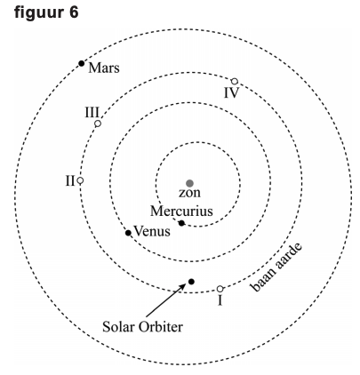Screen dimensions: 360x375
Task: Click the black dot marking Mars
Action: pyautogui.click(x=82, y=63)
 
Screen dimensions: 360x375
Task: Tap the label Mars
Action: pyautogui.click(x=104, y=68)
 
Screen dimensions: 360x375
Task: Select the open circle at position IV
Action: pyautogui.click(x=235, y=81)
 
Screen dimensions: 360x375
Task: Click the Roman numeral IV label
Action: pyautogui.click(x=231, y=93)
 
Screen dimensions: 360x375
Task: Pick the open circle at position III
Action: pyautogui.click(x=98, y=124)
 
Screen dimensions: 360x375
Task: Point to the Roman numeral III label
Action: pyautogui.click(x=92, y=113)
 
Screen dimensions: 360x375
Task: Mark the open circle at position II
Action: pyautogui.click(x=80, y=180)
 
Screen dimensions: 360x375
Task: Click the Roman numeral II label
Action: pyautogui.click(x=70, y=180)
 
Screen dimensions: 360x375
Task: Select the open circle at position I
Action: pyautogui.click(x=220, y=289)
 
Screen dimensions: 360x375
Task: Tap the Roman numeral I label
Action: pyautogui.click(x=220, y=300)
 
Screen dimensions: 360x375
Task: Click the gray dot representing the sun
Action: pyautogui.click(x=189, y=183)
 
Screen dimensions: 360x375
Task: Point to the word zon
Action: pyautogui.click(x=189, y=193)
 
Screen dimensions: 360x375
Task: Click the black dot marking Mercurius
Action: pyautogui.click(x=181, y=223)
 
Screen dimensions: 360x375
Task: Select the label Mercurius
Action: pyautogui.click(x=181, y=211)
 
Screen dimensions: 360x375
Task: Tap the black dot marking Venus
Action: pyautogui.click(x=128, y=233)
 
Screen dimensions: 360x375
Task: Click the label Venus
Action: pyautogui.click(x=152, y=231)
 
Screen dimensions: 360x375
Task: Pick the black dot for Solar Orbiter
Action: pyautogui.click(x=191, y=282)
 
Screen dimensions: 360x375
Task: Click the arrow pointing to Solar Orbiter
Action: pyautogui.click(x=166, y=300)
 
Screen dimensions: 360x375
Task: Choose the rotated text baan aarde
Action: pyautogui.click(x=276, y=267)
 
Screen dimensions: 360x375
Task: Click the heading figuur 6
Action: pyautogui.click(x=46, y=12)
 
